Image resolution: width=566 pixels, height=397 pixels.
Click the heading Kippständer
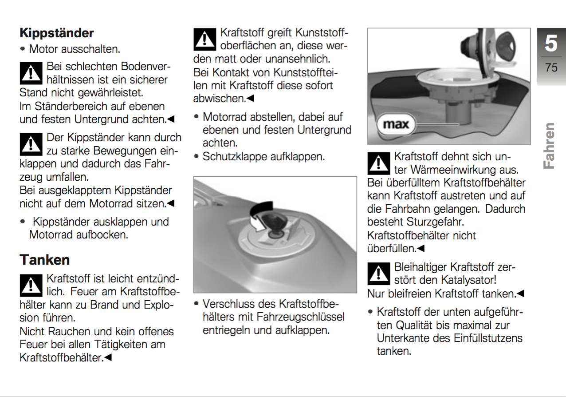(57, 33)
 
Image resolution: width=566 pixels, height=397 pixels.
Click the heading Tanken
(45, 259)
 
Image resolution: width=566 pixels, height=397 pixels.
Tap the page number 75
(551, 67)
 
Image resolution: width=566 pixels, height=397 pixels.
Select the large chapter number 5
(551, 44)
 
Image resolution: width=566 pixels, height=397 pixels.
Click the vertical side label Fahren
(549, 146)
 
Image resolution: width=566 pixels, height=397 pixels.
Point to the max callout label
(396, 124)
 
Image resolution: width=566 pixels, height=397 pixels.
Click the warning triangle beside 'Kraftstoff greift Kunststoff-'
(204, 40)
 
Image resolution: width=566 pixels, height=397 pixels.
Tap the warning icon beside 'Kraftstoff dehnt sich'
(378, 163)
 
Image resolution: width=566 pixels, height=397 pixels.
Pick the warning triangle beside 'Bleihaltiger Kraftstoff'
(378, 274)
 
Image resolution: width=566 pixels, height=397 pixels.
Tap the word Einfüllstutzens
(488, 338)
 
